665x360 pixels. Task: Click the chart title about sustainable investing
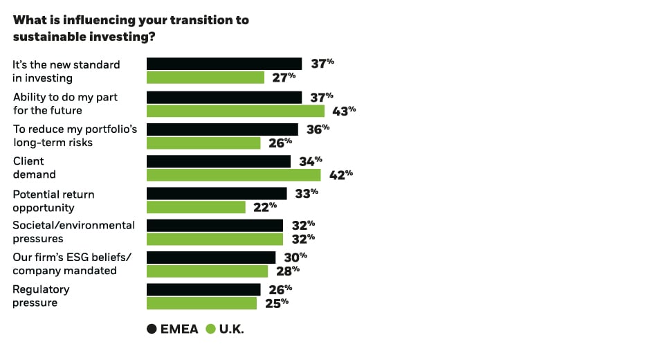pyautogui.click(x=131, y=28)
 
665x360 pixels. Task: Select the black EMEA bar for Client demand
pyautogui.click(x=219, y=161)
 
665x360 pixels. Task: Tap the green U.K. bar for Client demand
pyautogui.click(x=234, y=174)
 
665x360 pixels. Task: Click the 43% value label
pyautogui.click(x=344, y=110)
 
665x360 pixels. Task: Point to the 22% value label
pyautogui.click(x=265, y=206)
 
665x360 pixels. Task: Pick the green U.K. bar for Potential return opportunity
pyautogui.click(x=196, y=207)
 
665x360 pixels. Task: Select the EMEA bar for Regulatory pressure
pyautogui.click(x=203, y=289)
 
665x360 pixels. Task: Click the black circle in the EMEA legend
pyautogui.click(x=152, y=330)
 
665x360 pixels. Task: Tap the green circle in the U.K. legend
pyautogui.click(x=211, y=330)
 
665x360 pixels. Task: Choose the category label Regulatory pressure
pyautogui.click(x=41, y=296)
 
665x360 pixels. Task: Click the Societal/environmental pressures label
pyautogui.click(x=73, y=231)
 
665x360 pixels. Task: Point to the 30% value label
pyautogui.click(x=295, y=257)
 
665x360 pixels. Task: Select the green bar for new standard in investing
pyautogui.click(x=206, y=78)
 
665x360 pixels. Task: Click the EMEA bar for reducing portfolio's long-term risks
pyautogui.click(x=222, y=129)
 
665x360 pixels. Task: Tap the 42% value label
pyautogui.click(x=340, y=174)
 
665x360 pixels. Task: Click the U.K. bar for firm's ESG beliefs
pyautogui.click(x=207, y=271)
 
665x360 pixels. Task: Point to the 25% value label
pyautogui.click(x=276, y=303)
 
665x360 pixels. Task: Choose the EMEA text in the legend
pyautogui.click(x=179, y=330)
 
